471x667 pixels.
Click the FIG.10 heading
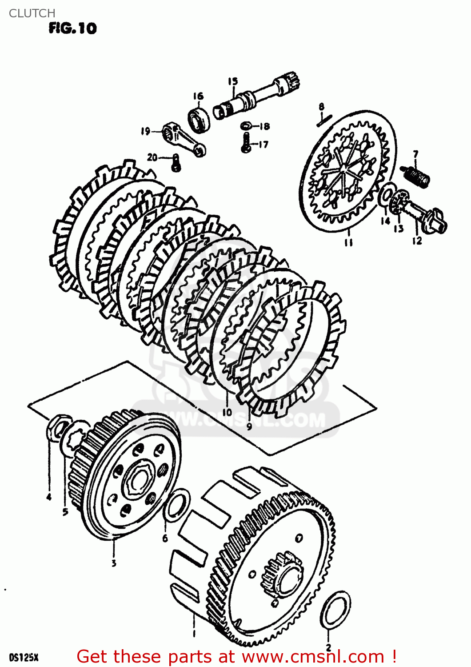coord(72,28)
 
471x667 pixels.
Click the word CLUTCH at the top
coord(32,13)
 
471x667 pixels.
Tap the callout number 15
coord(233,81)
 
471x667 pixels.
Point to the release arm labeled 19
coord(184,140)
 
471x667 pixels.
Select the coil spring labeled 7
coord(415,176)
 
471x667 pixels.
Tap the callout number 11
coord(348,243)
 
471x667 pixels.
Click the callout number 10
coord(227,412)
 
